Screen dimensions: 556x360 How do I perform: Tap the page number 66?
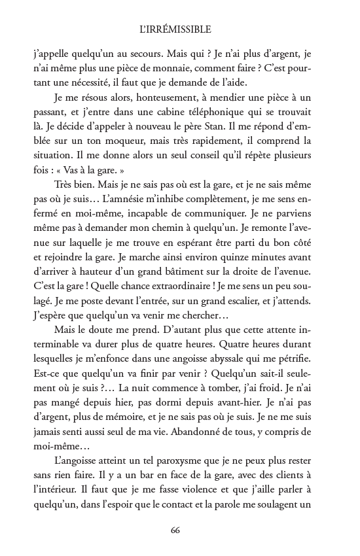pos(174,530)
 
